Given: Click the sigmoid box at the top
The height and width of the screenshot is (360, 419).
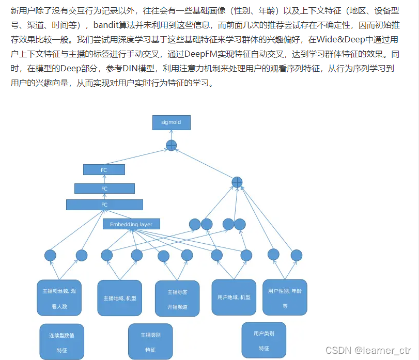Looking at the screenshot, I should tap(172, 122).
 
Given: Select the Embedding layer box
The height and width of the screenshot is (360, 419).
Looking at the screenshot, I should tap(131, 224).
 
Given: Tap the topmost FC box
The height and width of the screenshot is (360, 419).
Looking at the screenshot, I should tap(104, 169).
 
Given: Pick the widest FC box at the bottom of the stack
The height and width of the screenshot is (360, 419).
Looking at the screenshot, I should tap(104, 205).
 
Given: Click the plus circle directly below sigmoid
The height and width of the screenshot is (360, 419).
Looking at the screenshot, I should tap(172, 146).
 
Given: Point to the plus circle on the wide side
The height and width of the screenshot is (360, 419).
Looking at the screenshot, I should tap(237, 182).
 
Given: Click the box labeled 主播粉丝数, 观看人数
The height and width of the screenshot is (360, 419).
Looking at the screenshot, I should tap(59, 298).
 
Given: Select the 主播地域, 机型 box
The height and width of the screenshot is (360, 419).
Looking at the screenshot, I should tap(120, 297).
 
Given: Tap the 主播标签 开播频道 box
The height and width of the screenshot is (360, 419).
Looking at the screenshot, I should tap(177, 299).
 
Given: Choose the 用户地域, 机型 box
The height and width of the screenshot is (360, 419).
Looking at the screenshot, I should tap(234, 297).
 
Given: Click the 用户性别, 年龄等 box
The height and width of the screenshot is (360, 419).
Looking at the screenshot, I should tap(285, 297).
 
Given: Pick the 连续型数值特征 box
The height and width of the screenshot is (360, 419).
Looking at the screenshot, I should tap(61, 342).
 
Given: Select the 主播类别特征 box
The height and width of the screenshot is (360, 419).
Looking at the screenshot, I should tap(150, 341).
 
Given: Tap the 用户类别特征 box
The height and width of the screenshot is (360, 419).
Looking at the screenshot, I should tap(263, 340).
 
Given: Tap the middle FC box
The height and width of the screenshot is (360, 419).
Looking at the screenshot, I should tap(104, 189).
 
